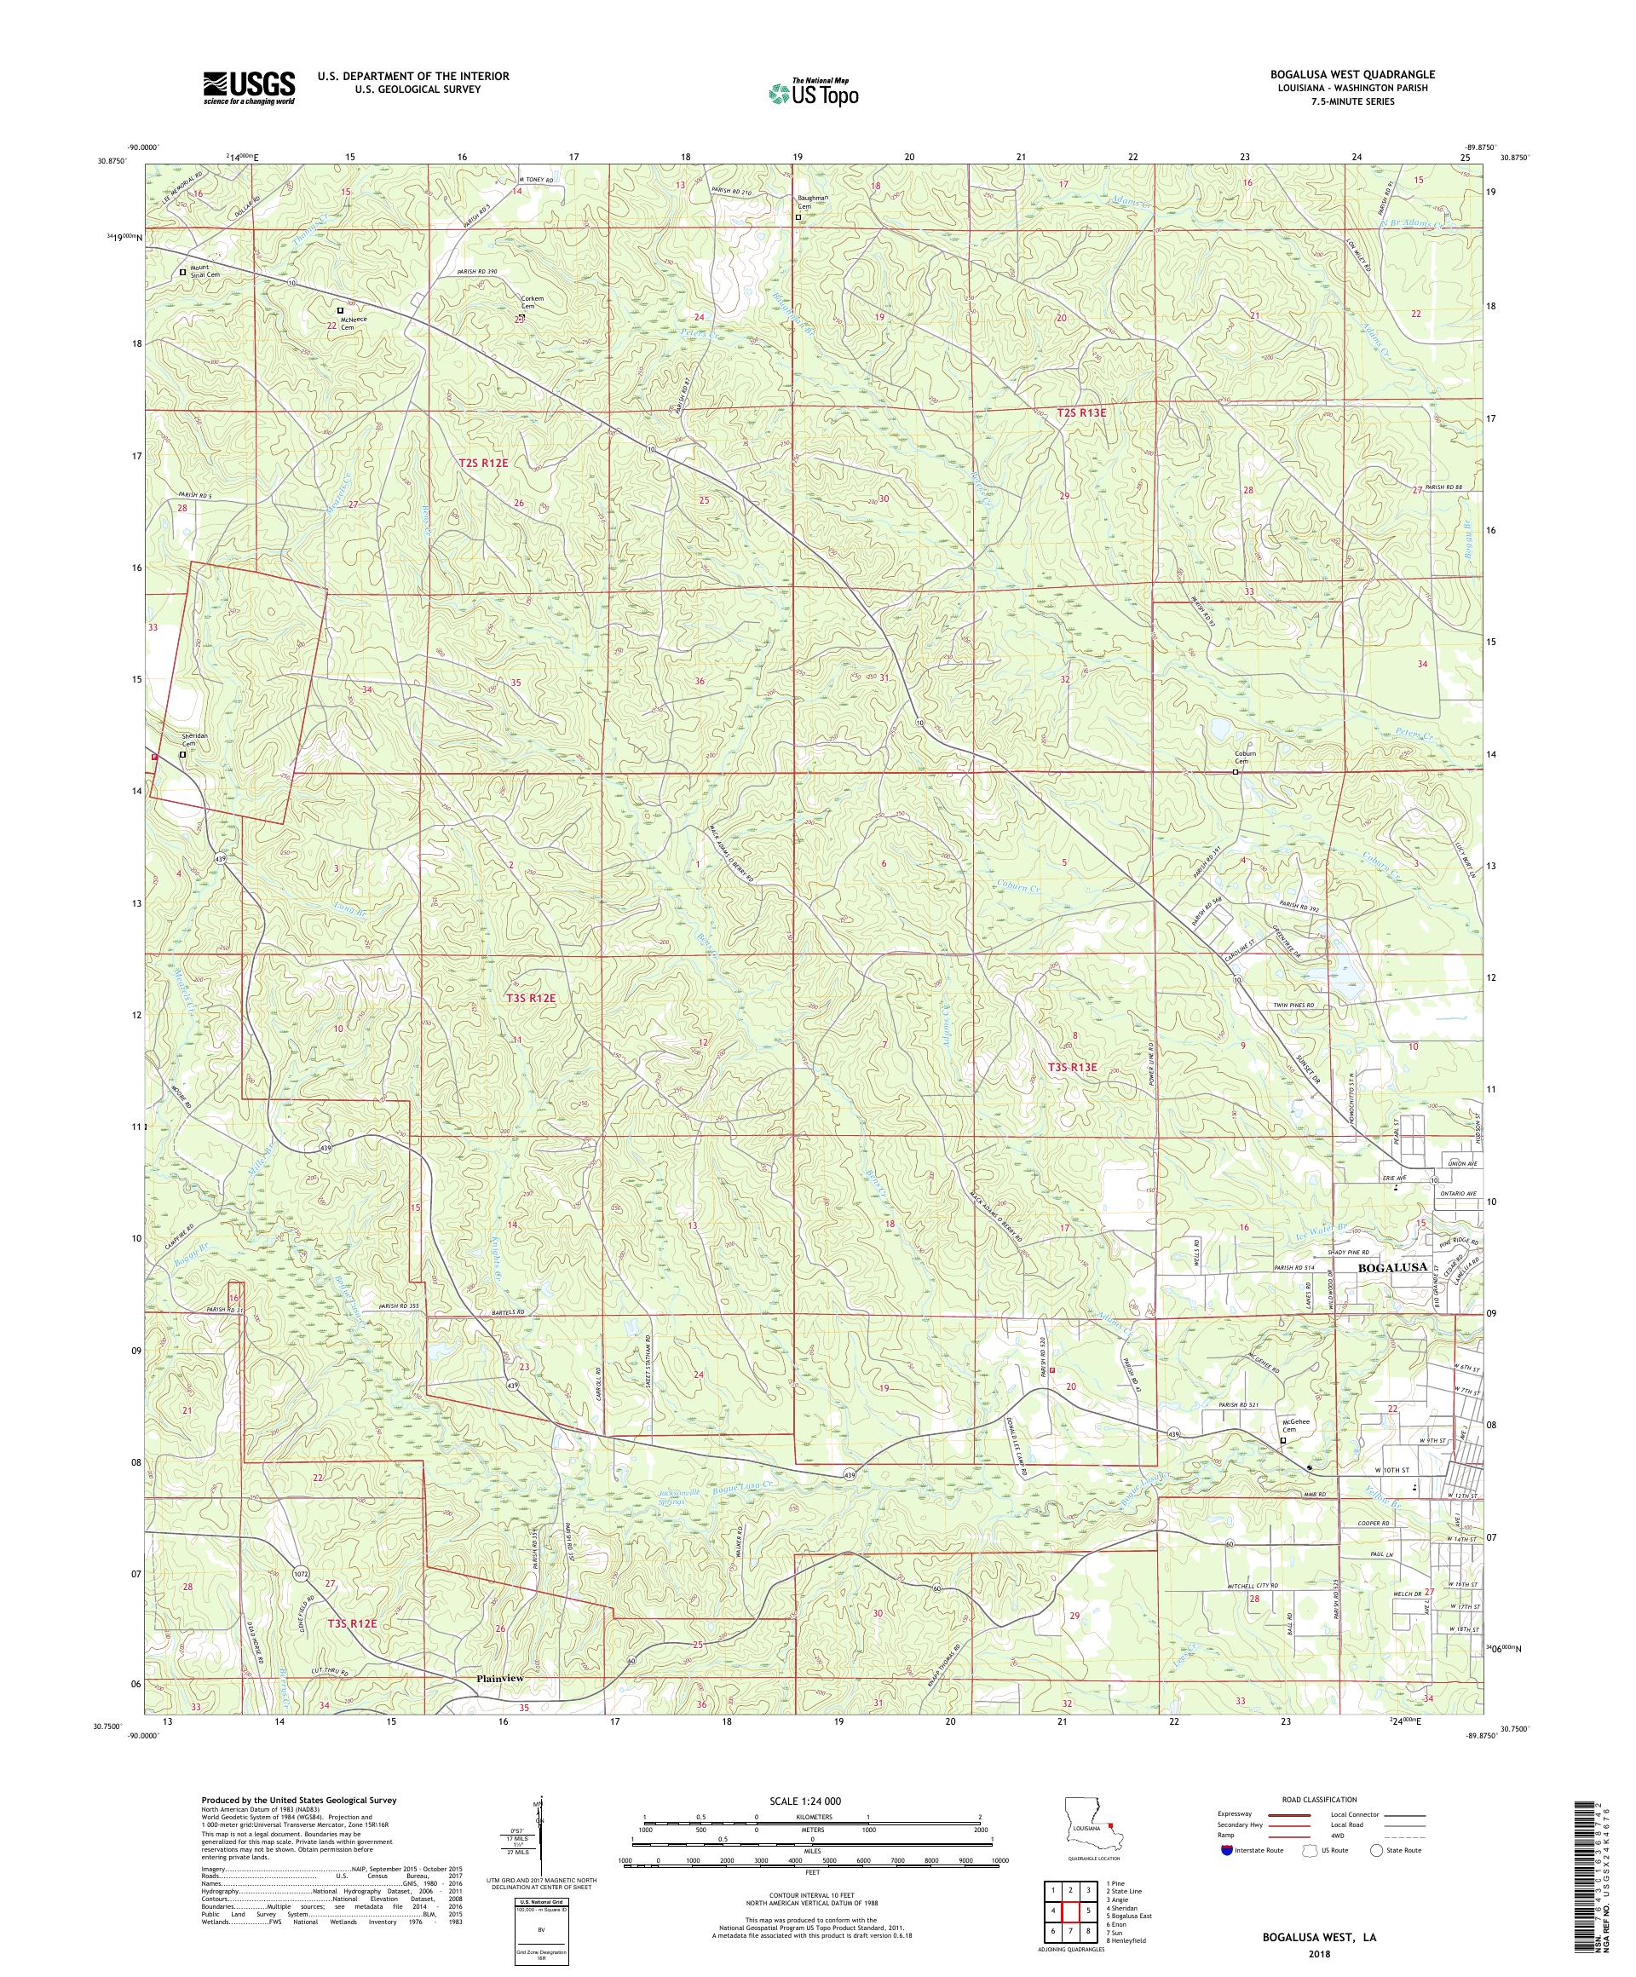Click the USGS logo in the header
point(249,88)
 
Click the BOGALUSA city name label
point(1391,1267)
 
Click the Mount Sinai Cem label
point(205,271)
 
